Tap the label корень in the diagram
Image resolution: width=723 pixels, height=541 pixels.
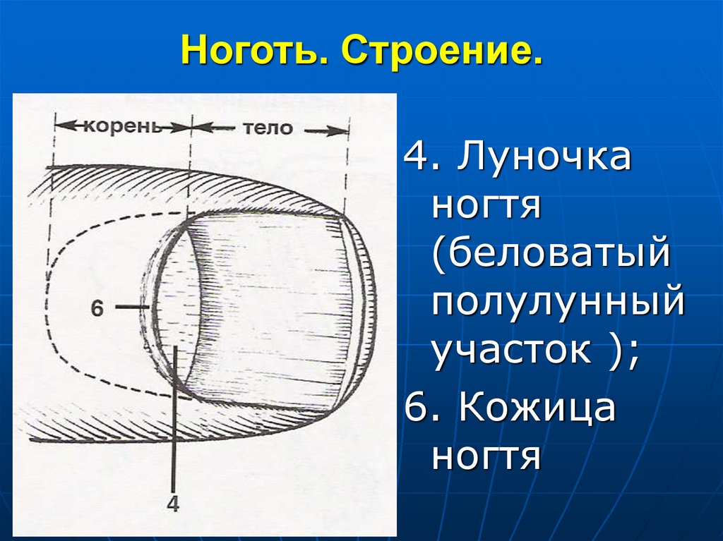[x=124, y=128]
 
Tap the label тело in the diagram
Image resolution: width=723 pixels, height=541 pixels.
[x=267, y=128]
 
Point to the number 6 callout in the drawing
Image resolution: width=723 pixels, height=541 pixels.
[x=97, y=307]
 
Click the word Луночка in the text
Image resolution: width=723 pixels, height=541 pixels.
[x=544, y=159]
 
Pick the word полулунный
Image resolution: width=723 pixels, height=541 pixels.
[x=558, y=303]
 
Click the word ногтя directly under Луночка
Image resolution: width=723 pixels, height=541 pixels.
[x=486, y=207]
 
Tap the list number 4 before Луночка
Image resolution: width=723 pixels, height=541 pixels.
[x=414, y=159]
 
